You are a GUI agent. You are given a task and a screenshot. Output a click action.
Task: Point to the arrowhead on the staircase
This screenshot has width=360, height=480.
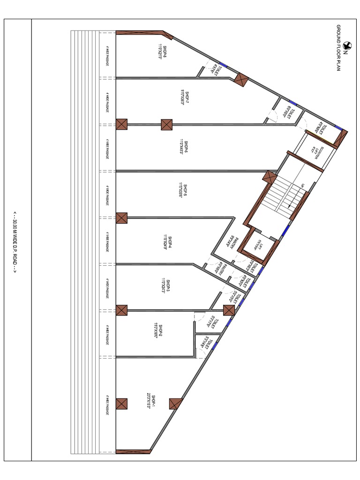click(289, 205)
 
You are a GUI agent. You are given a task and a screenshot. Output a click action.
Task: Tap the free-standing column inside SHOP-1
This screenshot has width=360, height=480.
click(176, 403)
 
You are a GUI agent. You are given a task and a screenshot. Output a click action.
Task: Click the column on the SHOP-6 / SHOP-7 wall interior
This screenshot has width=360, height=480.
click(167, 124)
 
